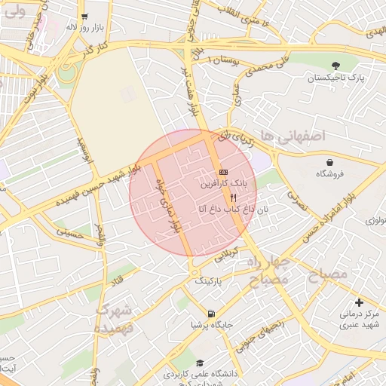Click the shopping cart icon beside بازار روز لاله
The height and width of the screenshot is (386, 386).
point(84,16)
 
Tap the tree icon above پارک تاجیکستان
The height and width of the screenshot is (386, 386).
point(335,66)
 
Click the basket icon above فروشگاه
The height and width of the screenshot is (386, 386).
point(330,162)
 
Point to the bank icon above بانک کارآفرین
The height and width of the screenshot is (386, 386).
point(223,173)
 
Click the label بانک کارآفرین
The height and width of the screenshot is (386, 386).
point(223,183)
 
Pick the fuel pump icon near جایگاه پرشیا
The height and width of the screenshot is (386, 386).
point(210,314)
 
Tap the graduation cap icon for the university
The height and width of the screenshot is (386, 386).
point(199,363)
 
